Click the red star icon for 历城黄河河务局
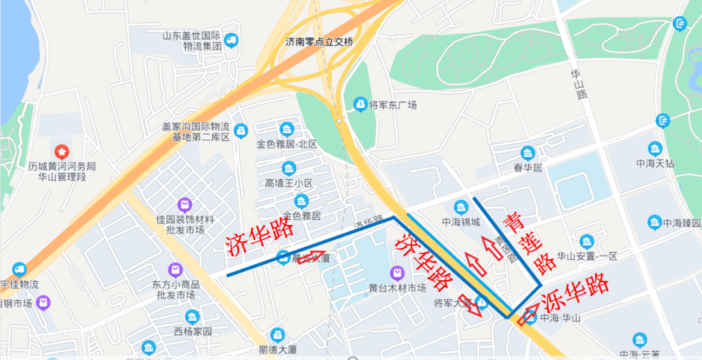pyautogui.click(x=61, y=152)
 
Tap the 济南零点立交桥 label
pyautogui.click(x=319, y=42)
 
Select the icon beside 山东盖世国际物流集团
pyautogui.click(x=231, y=42)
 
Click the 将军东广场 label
pyautogui.click(x=393, y=105)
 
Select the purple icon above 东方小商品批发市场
pyautogui.click(x=174, y=269)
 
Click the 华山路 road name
pyautogui.click(x=578, y=84)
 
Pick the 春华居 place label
pyautogui.click(x=527, y=168)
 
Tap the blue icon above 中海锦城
pyautogui.click(x=461, y=207)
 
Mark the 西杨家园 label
pyautogui.click(x=192, y=331)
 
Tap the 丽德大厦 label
pyautogui.click(x=278, y=350)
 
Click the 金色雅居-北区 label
pyautogui.click(x=287, y=144)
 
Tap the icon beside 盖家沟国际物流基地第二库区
pyautogui.click(x=241, y=131)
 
